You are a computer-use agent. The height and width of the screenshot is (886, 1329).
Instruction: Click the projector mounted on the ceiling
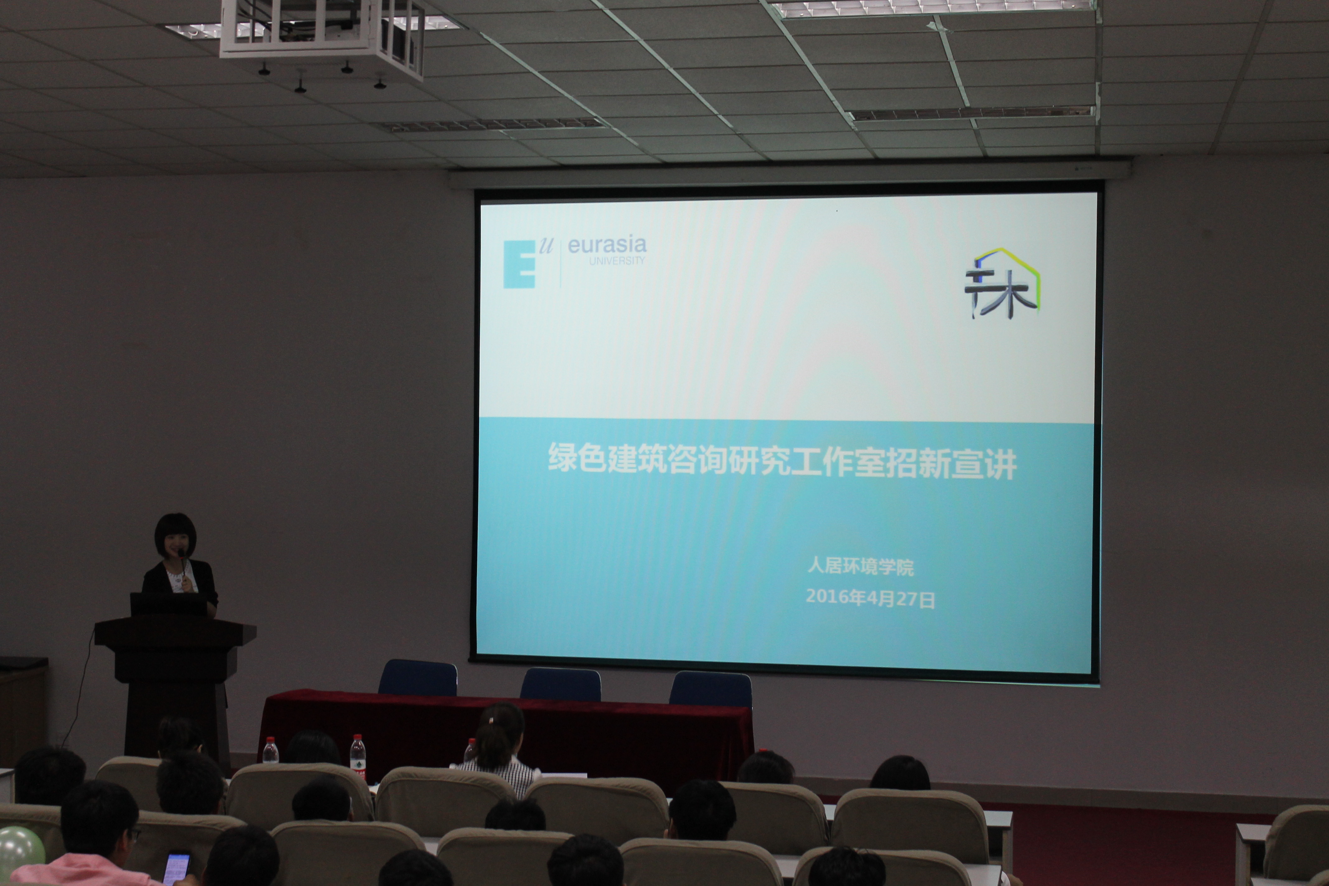322,40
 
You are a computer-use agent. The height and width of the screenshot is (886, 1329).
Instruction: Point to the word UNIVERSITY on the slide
617,260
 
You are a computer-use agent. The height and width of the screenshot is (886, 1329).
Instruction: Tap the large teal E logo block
519,264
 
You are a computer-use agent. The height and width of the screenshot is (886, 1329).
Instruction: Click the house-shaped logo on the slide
1002,282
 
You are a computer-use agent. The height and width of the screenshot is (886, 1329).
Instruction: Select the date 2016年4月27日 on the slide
870,598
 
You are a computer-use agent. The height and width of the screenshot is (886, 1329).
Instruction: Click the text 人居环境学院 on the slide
860,566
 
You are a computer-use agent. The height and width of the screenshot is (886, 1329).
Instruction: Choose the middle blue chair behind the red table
561,684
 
